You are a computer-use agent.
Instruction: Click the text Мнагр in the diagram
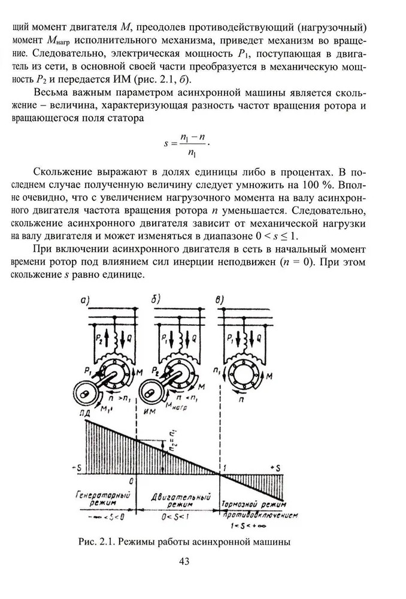click(x=190, y=405)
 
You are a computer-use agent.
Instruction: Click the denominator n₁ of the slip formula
click(x=192, y=153)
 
